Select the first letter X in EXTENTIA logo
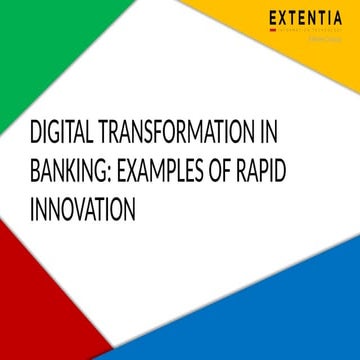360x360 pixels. [285, 18]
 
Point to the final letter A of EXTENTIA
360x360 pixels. [341, 18]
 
